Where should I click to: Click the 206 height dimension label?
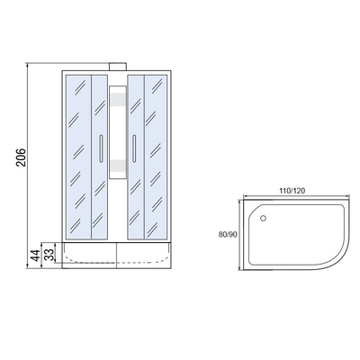pos(22,157)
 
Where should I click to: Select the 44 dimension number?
pos(35,256)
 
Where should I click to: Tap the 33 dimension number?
pos(50,254)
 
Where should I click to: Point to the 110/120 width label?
pos(292,191)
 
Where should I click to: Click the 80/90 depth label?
pos(228,235)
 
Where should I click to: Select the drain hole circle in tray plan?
pos(263,218)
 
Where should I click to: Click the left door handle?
pos(101,148)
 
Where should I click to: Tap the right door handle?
pos(134,148)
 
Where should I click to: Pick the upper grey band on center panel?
pos(118,99)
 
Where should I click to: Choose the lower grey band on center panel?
pos(118,166)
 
